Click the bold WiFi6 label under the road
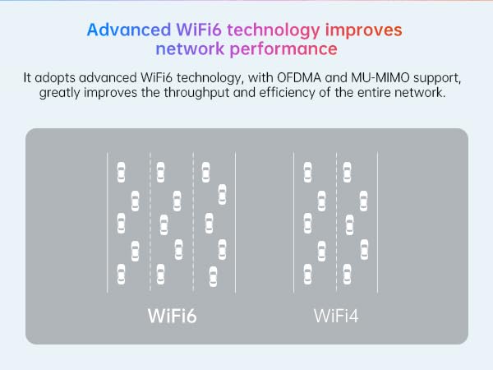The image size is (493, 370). [173, 315]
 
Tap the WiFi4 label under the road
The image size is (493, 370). [336, 315]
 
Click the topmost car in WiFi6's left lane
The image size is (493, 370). [122, 172]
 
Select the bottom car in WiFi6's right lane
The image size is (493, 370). [214, 274]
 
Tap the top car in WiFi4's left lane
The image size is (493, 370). [308, 172]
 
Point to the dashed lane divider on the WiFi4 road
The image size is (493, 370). [336, 222]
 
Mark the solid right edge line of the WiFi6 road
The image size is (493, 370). [236, 222]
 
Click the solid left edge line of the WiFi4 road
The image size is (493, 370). [294, 222]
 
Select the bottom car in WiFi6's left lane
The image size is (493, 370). [122, 274]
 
